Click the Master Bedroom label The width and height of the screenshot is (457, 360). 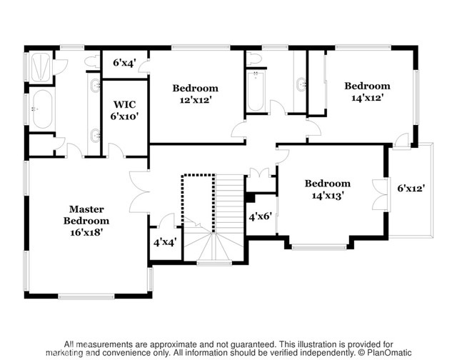click(86, 215)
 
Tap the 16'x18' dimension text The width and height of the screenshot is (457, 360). click(86, 232)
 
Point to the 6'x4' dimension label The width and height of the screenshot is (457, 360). click(124, 63)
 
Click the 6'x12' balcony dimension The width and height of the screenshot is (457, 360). click(411, 189)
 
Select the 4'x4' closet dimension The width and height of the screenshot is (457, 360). click(165, 241)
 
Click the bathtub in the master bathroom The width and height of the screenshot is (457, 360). click(42, 109)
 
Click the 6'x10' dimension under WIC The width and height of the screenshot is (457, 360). click(124, 116)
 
